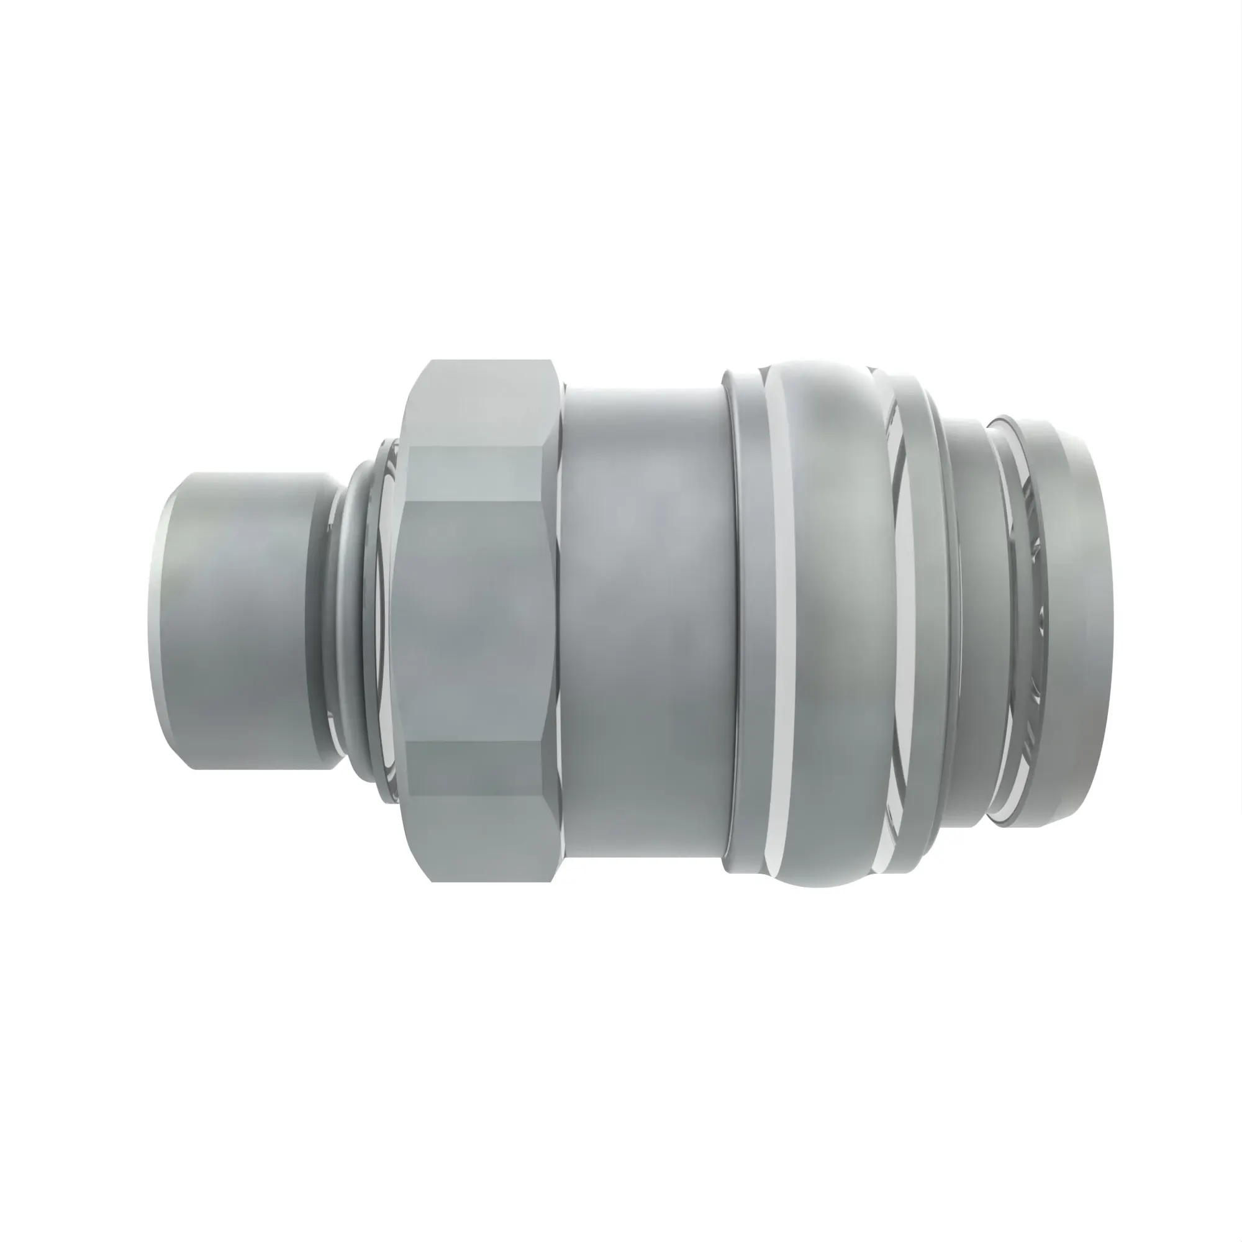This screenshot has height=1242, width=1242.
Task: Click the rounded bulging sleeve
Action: [x=836, y=620]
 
